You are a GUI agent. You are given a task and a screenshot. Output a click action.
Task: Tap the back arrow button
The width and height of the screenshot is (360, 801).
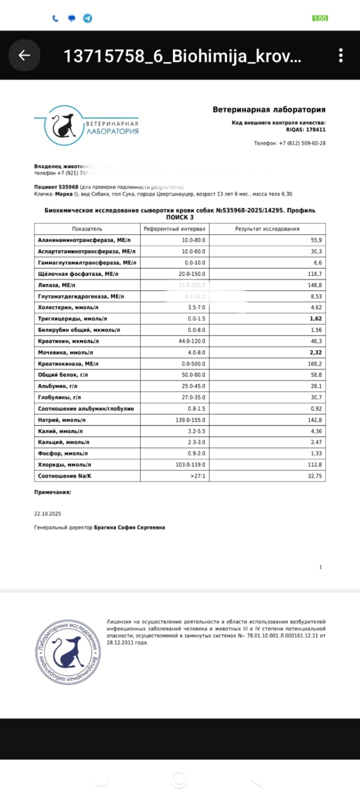24,55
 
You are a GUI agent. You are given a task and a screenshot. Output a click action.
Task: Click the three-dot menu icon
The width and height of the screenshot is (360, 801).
341,55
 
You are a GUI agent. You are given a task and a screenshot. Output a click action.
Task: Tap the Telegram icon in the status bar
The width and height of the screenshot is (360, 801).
87,18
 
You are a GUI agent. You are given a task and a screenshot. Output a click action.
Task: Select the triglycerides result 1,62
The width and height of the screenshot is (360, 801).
316,318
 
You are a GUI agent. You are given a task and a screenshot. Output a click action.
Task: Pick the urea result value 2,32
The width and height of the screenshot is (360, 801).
316,352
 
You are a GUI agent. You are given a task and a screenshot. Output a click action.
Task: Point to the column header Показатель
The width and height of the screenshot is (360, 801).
87,229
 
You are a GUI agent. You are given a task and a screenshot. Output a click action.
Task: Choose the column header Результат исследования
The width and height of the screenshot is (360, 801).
267,229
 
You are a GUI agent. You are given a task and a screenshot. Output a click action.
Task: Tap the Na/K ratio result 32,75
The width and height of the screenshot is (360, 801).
315,476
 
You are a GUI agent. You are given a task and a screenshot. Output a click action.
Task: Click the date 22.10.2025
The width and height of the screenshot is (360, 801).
48,514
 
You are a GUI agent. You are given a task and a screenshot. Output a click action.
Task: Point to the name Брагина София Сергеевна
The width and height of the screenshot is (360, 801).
129,527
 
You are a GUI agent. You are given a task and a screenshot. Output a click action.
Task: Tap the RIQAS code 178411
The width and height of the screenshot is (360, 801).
314,129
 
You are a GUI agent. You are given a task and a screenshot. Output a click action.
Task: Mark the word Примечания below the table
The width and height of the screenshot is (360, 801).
52,493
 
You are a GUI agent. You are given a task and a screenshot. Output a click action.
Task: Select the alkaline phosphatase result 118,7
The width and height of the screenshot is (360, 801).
315,273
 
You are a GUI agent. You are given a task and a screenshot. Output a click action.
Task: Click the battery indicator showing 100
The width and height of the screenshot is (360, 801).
320,19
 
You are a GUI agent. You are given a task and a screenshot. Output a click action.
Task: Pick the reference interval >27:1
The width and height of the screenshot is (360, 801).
198,476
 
